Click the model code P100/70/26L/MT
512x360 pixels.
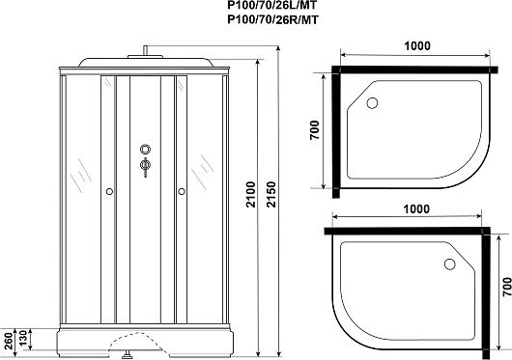pos(272,5)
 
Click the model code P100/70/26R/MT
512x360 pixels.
pos(272,20)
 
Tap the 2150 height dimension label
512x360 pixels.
pos(271,195)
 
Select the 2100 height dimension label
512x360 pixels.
pos(251,195)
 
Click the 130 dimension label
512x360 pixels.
pos(22,340)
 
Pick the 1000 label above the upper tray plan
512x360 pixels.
pos(417,46)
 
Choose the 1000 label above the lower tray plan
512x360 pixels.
pos(416,209)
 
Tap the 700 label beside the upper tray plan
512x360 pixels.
pos(314,130)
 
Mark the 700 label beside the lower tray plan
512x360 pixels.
pos(507,287)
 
